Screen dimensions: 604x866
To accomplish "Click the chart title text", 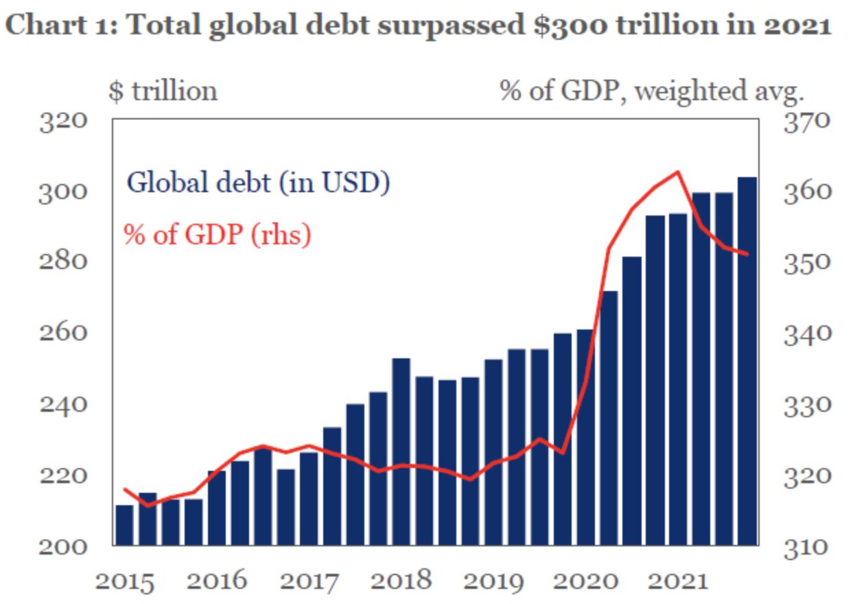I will coord(419,26).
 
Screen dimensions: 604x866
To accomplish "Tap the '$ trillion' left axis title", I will coord(163,91).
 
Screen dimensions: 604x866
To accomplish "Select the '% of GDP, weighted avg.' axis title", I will coord(652,91).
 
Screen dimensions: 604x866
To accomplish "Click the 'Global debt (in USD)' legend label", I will coord(259,183).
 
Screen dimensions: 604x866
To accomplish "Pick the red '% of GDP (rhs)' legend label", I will coord(218,235).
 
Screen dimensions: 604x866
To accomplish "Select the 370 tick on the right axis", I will coord(807,120).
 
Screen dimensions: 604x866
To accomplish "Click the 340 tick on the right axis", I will coord(807,333).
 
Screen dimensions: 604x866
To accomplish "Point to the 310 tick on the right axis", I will coord(807,546).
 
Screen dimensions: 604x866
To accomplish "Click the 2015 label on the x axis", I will coord(125,581).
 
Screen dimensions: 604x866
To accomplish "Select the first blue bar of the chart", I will coord(124,525).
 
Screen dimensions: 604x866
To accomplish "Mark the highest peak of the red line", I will coord(677,172).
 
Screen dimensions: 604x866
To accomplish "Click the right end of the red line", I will coord(747,254).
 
